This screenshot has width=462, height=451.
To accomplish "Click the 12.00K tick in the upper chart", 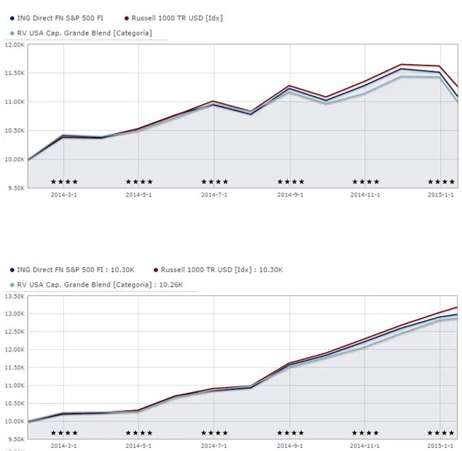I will click(15, 44).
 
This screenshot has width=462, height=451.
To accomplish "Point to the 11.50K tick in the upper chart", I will click(15, 73).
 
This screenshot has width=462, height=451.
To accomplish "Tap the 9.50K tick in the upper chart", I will click(16, 188).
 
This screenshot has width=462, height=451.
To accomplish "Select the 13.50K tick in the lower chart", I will click(15, 296).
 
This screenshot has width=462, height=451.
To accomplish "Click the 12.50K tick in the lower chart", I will click(15, 332).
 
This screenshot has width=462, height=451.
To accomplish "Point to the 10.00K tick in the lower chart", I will click(15, 421).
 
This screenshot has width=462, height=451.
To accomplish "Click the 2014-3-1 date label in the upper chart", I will click(64, 195).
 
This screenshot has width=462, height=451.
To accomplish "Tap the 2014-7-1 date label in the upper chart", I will click(214, 195).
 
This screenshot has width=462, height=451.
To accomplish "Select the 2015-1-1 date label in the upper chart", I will click(441, 195).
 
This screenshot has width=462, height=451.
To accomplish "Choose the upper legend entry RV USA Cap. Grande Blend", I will click(84, 33).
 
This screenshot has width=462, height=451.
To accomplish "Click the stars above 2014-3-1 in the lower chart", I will click(64, 433).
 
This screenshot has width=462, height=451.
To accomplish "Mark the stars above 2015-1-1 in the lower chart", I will click(441, 433).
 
